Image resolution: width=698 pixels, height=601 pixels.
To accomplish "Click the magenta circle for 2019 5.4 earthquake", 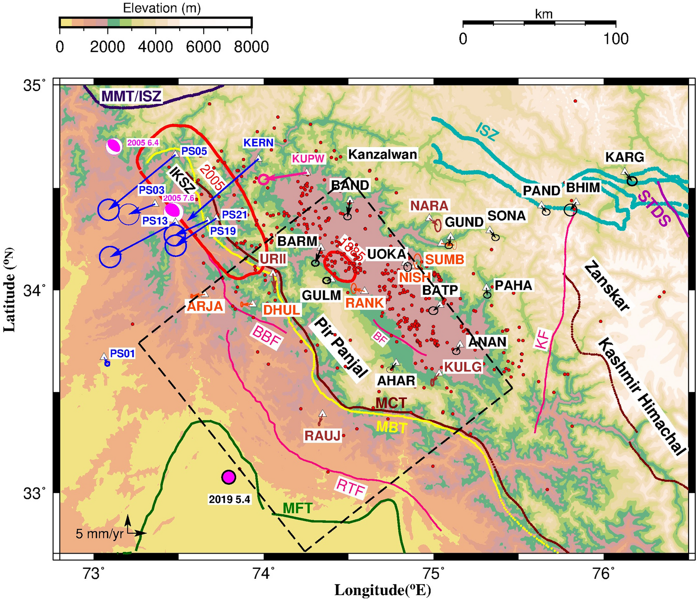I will (x=229, y=477).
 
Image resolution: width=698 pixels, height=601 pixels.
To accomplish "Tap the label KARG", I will (x=624, y=157).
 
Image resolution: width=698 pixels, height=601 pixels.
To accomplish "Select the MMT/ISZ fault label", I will (x=131, y=96).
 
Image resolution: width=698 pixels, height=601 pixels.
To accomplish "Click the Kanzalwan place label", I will (x=382, y=155).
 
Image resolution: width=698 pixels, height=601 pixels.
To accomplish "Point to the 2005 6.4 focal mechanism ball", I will (x=114, y=146).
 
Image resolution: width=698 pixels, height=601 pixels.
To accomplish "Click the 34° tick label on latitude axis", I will (x=35, y=289).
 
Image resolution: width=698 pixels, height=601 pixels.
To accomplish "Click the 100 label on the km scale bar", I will (x=616, y=39).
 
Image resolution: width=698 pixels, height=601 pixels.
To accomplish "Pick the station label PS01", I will (x=122, y=353).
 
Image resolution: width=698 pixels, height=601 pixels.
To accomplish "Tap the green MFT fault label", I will (x=297, y=508).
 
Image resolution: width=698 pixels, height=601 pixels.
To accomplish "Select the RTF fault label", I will (x=350, y=488).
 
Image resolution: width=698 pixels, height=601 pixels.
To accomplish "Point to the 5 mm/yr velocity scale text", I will (x=99, y=534).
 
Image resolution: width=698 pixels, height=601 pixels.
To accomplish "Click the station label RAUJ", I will (x=322, y=436).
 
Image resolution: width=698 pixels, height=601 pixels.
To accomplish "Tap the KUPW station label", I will (x=308, y=158).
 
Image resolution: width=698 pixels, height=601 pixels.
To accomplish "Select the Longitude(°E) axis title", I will (x=382, y=590).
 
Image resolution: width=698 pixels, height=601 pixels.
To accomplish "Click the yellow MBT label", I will (x=391, y=427).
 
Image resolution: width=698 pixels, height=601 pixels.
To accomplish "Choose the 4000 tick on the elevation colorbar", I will (x=155, y=47).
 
